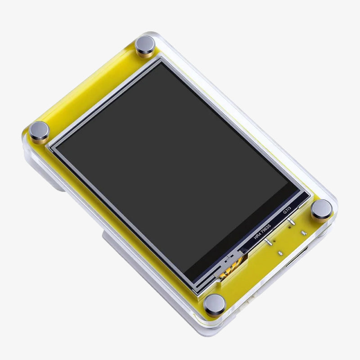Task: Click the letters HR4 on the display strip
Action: (x=258, y=236)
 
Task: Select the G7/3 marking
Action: (x=287, y=210)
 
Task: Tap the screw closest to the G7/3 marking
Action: (x=322, y=210)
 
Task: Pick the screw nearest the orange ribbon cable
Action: (x=214, y=304)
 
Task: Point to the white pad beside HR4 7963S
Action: (x=269, y=243)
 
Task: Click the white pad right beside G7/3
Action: (x=292, y=221)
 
